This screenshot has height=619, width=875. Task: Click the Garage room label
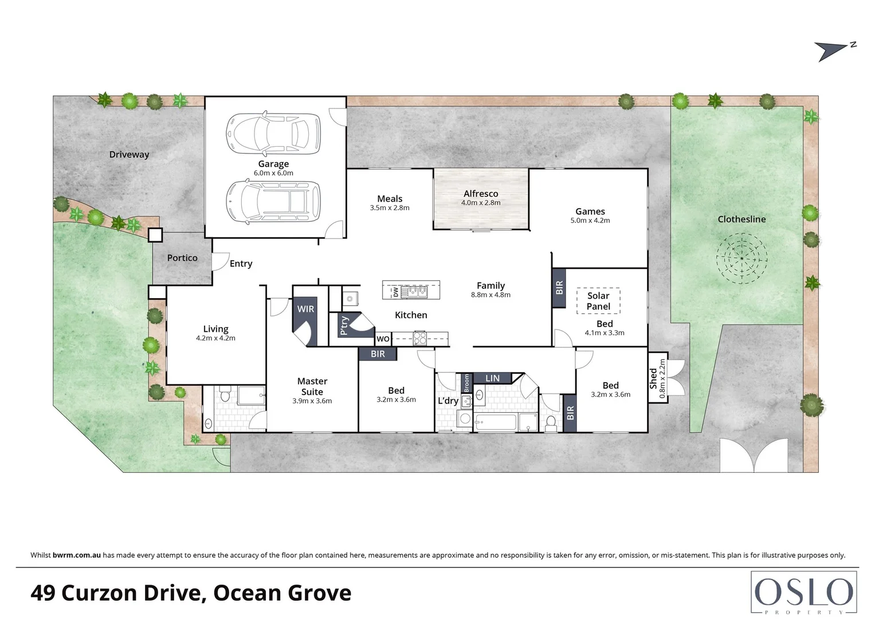pyautogui.click(x=273, y=164)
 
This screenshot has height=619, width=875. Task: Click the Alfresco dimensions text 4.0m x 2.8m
pyautogui.click(x=481, y=203)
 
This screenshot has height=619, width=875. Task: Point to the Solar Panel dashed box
pyautogui.click(x=598, y=301)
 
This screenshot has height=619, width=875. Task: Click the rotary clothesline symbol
pyautogui.click(x=741, y=258)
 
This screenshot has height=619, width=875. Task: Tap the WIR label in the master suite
pyautogui.click(x=305, y=309)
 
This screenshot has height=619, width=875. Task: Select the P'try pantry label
pyautogui.click(x=344, y=325)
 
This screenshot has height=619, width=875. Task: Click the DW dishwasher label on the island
pyautogui.click(x=395, y=292)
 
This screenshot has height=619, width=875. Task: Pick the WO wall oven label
pyautogui.click(x=383, y=339)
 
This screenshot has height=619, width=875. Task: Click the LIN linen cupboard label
pyautogui.click(x=492, y=378)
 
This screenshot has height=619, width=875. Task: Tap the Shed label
pyautogui.click(x=654, y=378)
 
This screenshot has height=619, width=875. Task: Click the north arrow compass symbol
pyautogui.click(x=834, y=50)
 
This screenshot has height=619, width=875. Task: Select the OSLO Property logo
pyautogui.click(x=803, y=593)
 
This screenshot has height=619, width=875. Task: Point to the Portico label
pyautogui.click(x=182, y=258)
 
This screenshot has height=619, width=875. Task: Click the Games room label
pyautogui.click(x=590, y=211)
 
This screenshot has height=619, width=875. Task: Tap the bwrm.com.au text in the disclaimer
pyautogui.click(x=77, y=555)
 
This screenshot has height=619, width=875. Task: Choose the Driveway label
pyautogui.click(x=129, y=154)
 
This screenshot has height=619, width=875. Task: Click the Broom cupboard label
pyautogui.click(x=466, y=383)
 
